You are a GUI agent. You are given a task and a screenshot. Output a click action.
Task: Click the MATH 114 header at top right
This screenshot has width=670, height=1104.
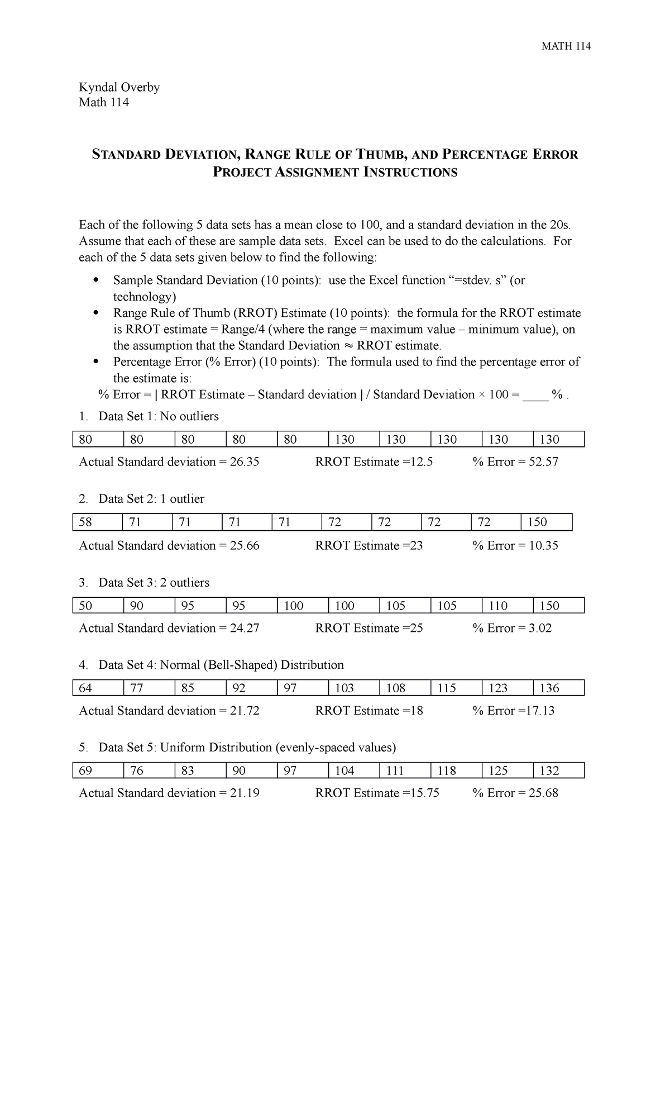tap(566, 46)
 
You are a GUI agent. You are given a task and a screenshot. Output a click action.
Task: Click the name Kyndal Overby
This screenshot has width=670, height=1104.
tap(119, 87)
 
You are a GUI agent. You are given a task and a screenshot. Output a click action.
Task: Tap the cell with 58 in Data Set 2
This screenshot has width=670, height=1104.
tap(97, 522)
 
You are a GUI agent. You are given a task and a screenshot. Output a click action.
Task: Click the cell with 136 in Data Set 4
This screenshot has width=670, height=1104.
tap(558, 688)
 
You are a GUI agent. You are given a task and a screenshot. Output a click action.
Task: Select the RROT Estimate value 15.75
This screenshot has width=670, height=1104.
tap(425, 793)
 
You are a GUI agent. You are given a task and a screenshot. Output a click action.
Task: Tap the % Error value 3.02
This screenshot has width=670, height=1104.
tap(540, 628)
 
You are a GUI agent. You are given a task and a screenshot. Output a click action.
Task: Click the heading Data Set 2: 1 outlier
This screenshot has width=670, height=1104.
tap(151, 499)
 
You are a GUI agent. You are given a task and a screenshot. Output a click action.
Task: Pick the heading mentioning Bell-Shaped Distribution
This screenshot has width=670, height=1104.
tap(221, 665)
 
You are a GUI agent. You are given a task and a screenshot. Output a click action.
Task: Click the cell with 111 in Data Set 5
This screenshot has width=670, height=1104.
tap(404, 771)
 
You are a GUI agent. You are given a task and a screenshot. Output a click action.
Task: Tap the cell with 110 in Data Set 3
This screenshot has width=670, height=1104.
tap(506, 606)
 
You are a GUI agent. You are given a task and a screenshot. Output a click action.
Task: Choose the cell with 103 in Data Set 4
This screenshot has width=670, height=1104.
tap(353, 688)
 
